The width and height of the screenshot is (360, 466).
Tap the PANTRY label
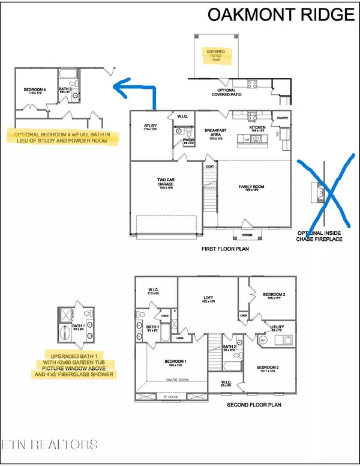(x=282, y=119)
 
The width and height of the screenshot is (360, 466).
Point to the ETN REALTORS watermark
(x=50, y=445)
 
